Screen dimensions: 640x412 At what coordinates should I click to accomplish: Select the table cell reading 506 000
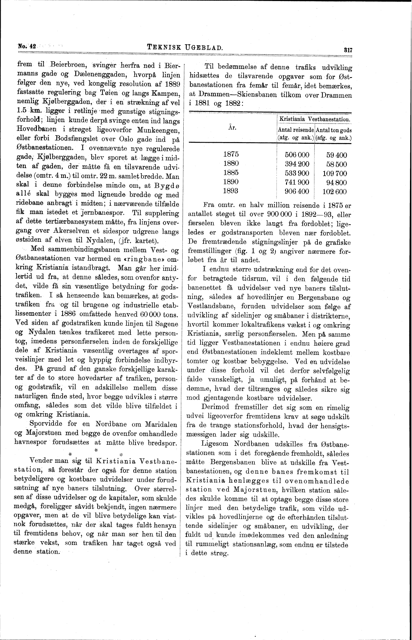coord(297,155)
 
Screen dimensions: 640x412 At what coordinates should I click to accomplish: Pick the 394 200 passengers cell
coord(297,164)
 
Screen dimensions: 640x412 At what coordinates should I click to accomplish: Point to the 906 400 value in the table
coord(297,191)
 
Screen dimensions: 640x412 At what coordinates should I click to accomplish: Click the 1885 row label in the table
coord(231,173)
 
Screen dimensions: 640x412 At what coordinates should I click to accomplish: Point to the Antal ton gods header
coord(334,130)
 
